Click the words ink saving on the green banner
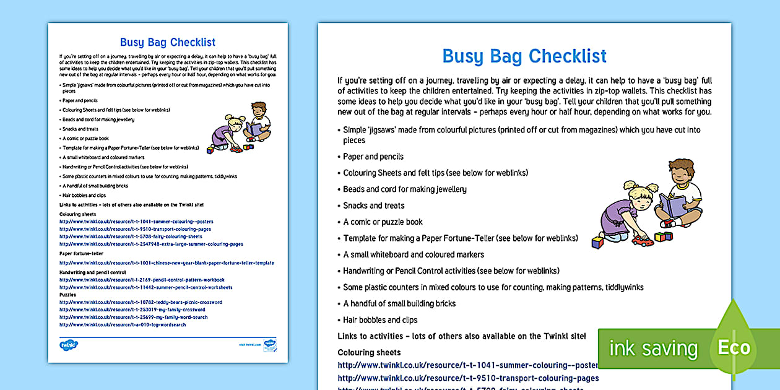[652, 349]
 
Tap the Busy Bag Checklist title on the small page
[168, 42]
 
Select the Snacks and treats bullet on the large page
[374, 206]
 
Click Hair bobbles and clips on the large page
[380, 320]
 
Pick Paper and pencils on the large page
[373, 157]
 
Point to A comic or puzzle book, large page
[383, 222]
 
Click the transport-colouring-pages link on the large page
[468, 378]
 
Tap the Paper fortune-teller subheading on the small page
[81, 254]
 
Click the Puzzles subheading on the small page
[68, 295]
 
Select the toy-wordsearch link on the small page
[123, 324]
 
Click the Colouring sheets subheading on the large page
[365, 352]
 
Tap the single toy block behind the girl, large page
[597, 242]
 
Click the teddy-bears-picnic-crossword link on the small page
[141, 302]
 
